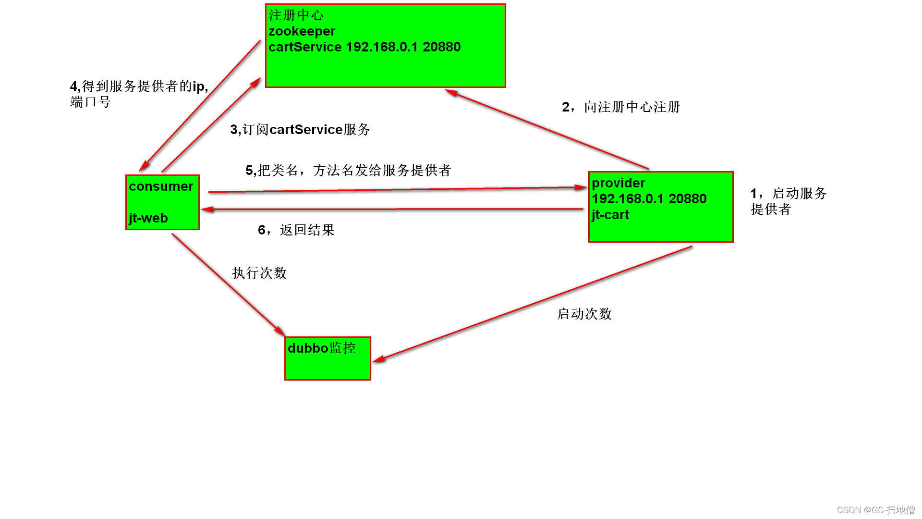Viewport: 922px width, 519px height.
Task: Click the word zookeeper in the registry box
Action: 302,31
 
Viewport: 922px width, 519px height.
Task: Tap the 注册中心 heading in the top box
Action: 296,15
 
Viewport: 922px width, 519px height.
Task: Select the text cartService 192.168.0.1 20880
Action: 364,47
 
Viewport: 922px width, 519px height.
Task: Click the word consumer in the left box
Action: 160,186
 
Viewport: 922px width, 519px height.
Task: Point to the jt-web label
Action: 148,218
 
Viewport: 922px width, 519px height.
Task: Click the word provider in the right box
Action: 618,183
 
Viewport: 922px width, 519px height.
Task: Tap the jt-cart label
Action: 610,215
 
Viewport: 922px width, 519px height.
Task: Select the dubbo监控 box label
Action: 321,348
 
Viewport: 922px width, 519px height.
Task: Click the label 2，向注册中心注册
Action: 621,107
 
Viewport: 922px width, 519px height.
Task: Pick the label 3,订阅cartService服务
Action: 300,130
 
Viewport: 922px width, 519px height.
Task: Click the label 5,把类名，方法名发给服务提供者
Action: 348,170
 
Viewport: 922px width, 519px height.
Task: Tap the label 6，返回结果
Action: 296,230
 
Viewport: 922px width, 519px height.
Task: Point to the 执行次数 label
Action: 259,273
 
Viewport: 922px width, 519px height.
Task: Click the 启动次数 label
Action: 584,314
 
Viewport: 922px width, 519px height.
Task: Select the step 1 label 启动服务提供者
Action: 788,201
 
